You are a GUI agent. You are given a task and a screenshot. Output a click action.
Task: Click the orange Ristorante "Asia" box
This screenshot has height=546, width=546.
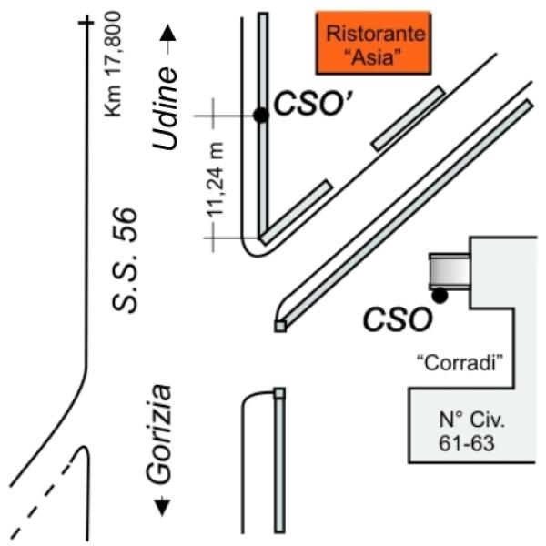click(x=373, y=43)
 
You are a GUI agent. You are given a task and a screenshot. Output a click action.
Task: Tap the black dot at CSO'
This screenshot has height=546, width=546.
click(x=261, y=116)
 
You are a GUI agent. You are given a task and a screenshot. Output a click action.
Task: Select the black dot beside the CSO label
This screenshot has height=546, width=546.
click(x=440, y=296)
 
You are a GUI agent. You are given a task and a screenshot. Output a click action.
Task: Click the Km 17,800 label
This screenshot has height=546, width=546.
click(x=114, y=65)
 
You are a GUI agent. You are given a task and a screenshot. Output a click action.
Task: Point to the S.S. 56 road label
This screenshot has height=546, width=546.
click(x=125, y=259)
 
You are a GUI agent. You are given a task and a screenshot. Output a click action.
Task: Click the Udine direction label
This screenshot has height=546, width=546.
click(x=165, y=108)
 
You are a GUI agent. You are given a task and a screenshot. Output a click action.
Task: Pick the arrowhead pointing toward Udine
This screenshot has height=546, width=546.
click(x=168, y=34)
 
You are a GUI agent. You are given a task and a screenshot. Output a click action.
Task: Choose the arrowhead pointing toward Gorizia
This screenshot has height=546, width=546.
click(x=162, y=508)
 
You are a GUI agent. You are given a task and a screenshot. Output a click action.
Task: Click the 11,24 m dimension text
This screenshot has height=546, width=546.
click(x=215, y=179)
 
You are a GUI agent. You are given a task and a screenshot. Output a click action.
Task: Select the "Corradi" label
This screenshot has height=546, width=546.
click(x=460, y=363)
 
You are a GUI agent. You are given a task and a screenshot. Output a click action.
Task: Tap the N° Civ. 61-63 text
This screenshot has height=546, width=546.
click(x=471, y=431)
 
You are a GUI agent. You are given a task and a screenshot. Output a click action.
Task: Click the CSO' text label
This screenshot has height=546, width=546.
click(x=314, y=104)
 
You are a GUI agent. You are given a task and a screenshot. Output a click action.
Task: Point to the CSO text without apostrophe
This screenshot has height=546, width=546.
click(x=398, y=319)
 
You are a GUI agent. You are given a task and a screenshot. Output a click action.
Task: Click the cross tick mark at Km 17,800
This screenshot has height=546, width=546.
click(x=86, y=23)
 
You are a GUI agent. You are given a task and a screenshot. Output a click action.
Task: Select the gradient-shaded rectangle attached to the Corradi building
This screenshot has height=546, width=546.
click(x=450, y=271)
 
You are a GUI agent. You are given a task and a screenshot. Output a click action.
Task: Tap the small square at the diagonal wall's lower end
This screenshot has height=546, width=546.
click(x=280, y=327)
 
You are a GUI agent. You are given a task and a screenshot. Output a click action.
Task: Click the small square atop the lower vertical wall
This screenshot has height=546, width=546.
click(x=279, y=393)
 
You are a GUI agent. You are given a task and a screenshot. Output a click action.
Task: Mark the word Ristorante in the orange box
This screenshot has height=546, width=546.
click(x=376, y=34)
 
